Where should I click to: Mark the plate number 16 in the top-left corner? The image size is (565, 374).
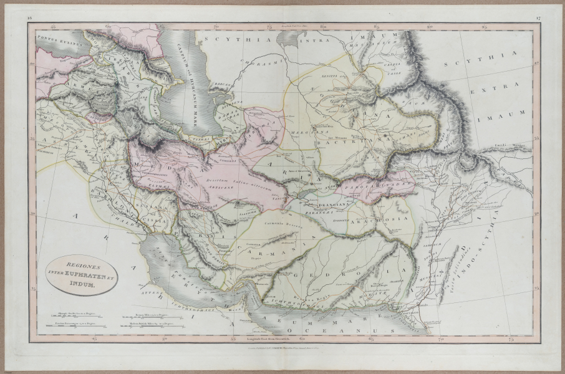pos(30,19)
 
